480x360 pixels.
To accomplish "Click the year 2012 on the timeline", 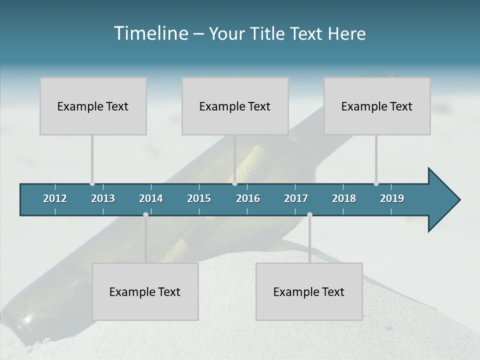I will (x=55, y=198).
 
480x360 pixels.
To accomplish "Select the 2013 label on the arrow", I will (x=103, y=198).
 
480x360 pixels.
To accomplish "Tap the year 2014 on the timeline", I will (x=151, y=198).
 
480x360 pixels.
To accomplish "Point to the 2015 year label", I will (x=199, y=198).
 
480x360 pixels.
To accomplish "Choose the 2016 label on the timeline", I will (x=248, y=198).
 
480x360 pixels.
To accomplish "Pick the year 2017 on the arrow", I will (x=296, y=198).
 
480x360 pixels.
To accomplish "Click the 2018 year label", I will (x=344, y=198).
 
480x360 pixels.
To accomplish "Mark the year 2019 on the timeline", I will (x=392, y=198).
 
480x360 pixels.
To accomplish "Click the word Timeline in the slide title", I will (x=150, y=33).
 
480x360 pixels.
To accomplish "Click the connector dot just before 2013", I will (x=92, y=183).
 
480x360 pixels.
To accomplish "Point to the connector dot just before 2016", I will (x=234, y=183).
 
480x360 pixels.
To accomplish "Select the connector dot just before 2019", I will (x=376, y=183).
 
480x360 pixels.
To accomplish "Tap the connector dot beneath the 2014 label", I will (x=145, y=214).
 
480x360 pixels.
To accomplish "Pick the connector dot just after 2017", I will (x=309, y=214).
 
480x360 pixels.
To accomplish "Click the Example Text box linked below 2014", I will (x=145, y=291).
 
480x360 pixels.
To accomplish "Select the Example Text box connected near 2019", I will (x=377, y=106).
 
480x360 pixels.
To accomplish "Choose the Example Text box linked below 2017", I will (x=309, y=291).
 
